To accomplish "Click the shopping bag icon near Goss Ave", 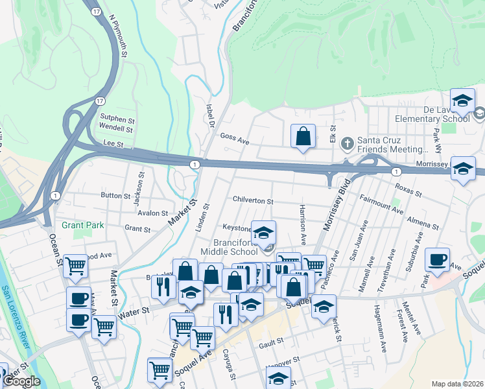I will click(303, 137).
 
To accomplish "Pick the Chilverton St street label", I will click(253, 202).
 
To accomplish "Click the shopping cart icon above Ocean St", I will click(76, 265).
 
